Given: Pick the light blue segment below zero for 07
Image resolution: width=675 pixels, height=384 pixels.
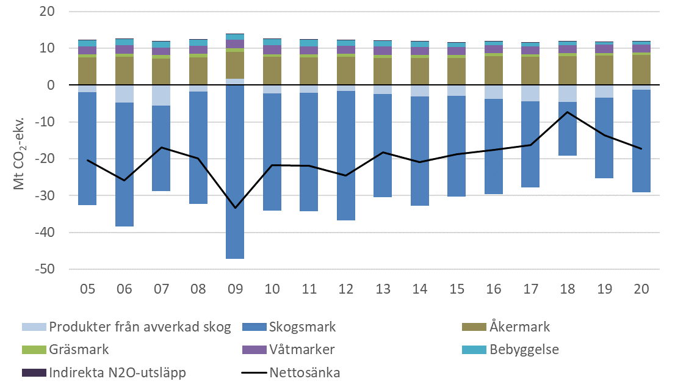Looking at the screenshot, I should [161, 95].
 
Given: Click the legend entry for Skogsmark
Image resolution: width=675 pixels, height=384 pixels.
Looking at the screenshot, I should [301, 327].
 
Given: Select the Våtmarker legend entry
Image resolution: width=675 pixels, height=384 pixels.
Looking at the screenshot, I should [301, 350].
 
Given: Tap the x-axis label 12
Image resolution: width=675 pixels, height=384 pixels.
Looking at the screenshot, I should [345, 288].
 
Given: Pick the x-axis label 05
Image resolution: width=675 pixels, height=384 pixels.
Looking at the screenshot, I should [88, 288].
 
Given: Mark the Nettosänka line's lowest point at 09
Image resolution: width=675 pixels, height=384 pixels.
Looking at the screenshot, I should [235, 208].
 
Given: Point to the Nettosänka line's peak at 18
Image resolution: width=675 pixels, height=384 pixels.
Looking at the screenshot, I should [567, 112].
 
